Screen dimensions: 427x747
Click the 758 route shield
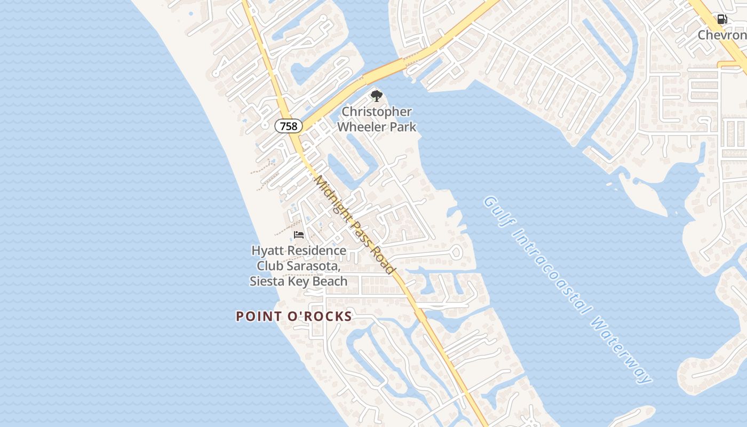[289, 126]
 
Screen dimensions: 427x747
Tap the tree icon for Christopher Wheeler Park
[377, 96]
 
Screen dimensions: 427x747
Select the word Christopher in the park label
[377, 112]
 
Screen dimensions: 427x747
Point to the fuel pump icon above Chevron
[722, 20]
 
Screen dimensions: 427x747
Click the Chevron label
[722, 35]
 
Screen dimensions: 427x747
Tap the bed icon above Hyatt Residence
[299, 235]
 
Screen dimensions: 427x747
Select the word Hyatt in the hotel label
[268, 250]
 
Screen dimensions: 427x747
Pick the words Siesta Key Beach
[299, 281]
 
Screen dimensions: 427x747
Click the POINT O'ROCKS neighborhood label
[294, 317]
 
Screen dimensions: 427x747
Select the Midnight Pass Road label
[354, 224]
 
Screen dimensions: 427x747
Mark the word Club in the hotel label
[270, 266]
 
